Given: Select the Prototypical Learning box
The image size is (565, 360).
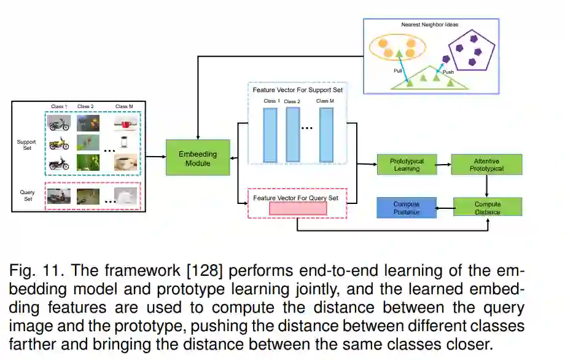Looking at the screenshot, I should (x=408, y=165).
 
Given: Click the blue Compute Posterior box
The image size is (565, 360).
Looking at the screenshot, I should (x=406, y=208).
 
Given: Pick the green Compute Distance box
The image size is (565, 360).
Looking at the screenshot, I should (x=488, y=208).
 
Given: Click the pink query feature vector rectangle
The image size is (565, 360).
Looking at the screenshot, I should (x=298, y=208).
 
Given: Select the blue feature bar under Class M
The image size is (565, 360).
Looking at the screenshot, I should (x=326, y=135).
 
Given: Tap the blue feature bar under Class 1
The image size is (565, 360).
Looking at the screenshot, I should (x=270, y=135).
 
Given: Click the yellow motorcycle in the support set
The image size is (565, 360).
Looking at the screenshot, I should (x=60, y=143).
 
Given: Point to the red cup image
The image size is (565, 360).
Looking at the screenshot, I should (x=127, y=124).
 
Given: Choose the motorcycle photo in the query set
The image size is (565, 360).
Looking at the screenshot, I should (x=60, y=195).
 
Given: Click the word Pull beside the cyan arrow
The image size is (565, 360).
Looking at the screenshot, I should (x=398, y=71).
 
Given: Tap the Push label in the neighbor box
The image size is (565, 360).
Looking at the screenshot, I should (x=448, y=72).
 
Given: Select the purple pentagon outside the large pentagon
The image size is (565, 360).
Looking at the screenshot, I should (x=446, y=59).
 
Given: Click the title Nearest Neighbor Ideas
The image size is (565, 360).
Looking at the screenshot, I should (x=430, y=25).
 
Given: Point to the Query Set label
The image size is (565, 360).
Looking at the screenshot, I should (x=27, y=195).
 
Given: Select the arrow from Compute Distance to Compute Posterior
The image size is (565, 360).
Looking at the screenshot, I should (x=445, y=208).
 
